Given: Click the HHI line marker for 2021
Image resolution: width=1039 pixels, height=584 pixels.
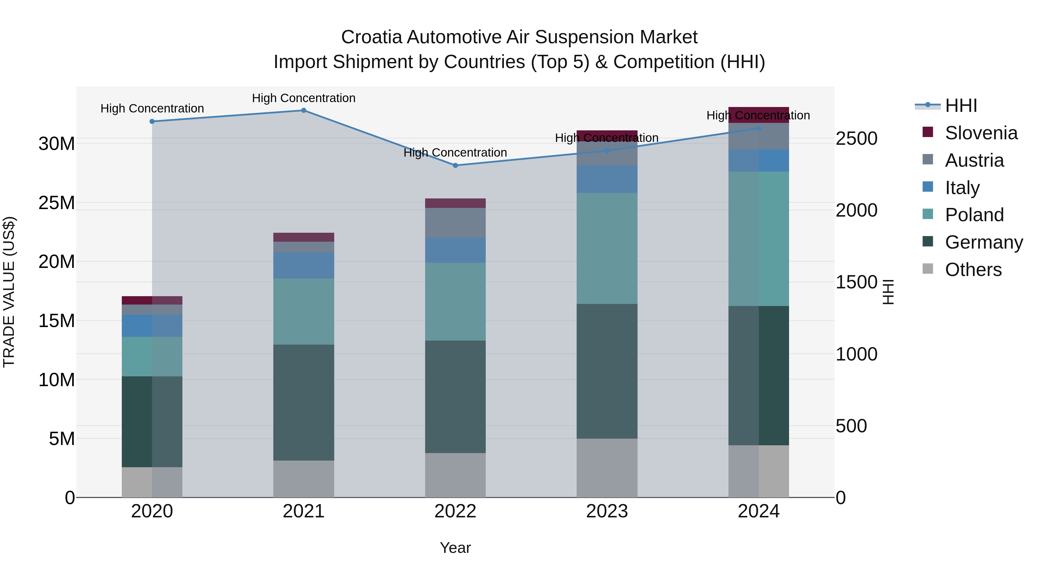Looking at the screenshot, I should tap(304, 110).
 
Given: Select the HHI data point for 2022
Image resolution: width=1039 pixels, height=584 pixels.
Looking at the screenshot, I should tap(455, 165).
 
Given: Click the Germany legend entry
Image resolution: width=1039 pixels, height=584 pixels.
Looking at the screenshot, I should tap(983, 242).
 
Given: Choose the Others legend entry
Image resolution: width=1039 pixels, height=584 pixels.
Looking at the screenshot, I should tap(973, 270).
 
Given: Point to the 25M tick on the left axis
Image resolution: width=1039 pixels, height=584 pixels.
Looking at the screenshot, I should tap(57, 203).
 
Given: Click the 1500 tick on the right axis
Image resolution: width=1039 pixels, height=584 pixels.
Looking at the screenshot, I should tap(856, 282).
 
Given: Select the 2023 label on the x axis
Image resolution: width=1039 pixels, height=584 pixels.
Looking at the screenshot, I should tap(607, 511).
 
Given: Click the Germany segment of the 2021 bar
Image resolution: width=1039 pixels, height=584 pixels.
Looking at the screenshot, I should tap(304, 402).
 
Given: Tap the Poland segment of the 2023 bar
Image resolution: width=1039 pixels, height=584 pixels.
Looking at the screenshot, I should tap(607, 248).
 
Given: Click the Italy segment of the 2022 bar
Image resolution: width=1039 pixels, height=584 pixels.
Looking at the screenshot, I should tap(455, 250).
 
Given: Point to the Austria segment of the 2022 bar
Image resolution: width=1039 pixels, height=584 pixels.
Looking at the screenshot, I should tap(455, 223).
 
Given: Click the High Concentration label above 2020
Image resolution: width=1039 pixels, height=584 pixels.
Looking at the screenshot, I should tap(152, 108).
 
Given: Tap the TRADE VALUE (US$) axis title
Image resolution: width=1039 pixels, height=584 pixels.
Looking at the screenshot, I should tap(9, 292).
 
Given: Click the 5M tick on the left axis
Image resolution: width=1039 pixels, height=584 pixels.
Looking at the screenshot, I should tap(62, 438).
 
